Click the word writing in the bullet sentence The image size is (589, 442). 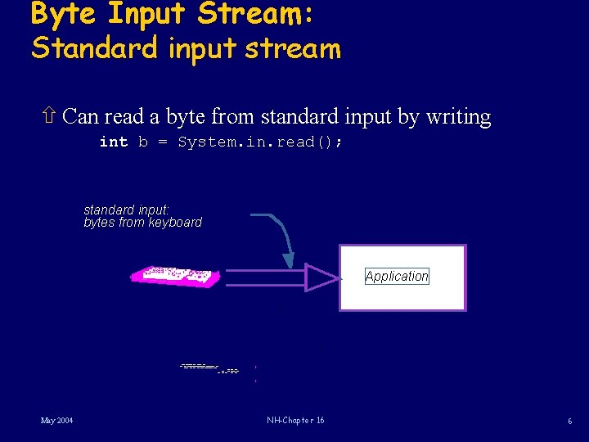pyautogui.click(x=458, y=117)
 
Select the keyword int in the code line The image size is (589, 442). pyautogui.click(x=113, y=142)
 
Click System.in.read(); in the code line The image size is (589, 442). pyautogui.click(x=260, y=142)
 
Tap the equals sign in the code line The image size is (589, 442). pyautogui.click(x=163, y=142)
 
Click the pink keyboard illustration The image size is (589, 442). pyautogui.click(x=175, y=276)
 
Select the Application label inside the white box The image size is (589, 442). pyautogui.click(x=397, y=277)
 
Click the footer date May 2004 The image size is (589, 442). pyautogui.click(x=57, y=421)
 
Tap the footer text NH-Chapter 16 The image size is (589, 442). pyautogui.click(x=295, y=421)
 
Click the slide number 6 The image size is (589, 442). pyautogui.click(x=569, y=422)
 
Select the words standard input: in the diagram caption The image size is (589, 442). pyautogui.click(x=126, y=210)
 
